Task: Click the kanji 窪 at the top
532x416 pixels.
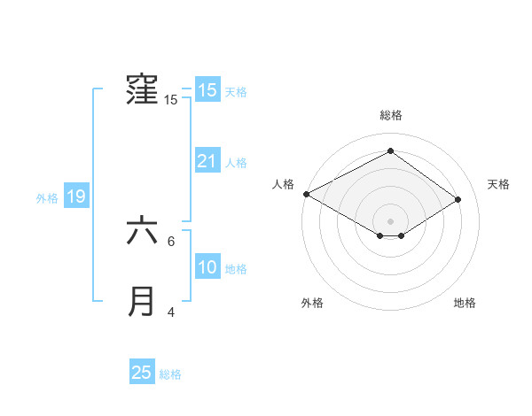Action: [x=143, y=90]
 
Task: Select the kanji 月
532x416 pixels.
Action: [x=143, y=302]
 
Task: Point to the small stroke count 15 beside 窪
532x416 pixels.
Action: [x=171, y=100]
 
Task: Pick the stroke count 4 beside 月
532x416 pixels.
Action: [x=171, y=312]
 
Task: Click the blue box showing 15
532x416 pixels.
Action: [x=207, y=90]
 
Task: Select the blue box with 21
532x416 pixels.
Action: [x=207, y=161]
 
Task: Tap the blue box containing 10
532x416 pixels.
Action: [x=207, y=267]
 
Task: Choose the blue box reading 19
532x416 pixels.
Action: [x=76, y=196]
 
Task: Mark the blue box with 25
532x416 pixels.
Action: [x=142, y=373]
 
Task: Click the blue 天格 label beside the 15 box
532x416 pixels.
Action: [x=236, y=91]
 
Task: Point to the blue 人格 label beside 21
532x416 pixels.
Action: [x=236, y=162]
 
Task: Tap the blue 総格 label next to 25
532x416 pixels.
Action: [x=170, y=374]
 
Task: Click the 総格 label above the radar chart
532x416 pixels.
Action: [x=390, y=115]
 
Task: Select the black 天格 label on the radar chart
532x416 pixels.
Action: [x=498, y=184]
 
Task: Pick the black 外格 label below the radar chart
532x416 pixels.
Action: [x=312, y=303]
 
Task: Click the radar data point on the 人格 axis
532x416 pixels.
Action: [x=306, y=193]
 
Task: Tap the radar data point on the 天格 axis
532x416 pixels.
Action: [x=458, y=198]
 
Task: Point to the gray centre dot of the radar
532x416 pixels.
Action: [x=390, y=220]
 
